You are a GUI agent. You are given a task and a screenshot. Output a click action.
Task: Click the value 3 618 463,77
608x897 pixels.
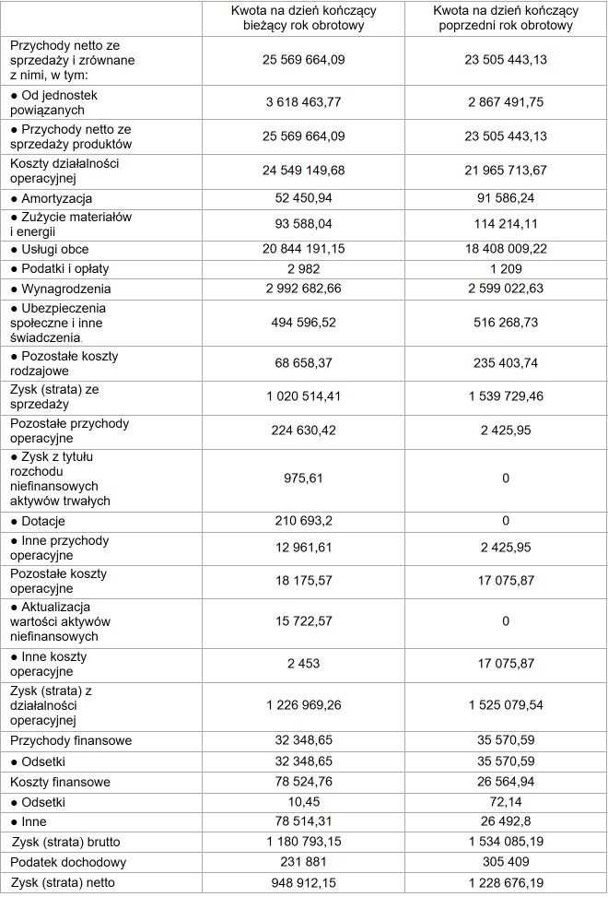[x=304, y=102]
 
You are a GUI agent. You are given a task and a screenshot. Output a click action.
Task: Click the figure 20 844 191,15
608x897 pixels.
[x=304, y=249]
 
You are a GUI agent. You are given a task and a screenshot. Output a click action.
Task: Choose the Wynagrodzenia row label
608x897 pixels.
[x=60, y=289]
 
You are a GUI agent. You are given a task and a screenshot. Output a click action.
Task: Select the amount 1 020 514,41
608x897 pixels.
[x=304, y=396]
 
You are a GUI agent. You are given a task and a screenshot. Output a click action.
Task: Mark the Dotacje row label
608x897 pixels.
[x=43, y=521]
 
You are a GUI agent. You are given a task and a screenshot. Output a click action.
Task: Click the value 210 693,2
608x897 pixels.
[x=304, y=521]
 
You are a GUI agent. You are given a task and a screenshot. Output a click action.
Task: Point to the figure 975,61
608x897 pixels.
[x=304, y=479]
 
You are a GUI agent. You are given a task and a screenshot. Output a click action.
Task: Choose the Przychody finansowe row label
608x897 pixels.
[x=71, y=740]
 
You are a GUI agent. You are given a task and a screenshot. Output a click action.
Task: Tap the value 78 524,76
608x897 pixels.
[x=304, y=782]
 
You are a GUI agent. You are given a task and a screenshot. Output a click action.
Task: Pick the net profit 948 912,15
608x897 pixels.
[x=304, y=883]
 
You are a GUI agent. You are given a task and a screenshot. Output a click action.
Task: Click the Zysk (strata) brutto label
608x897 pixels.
[x=66, y=842]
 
